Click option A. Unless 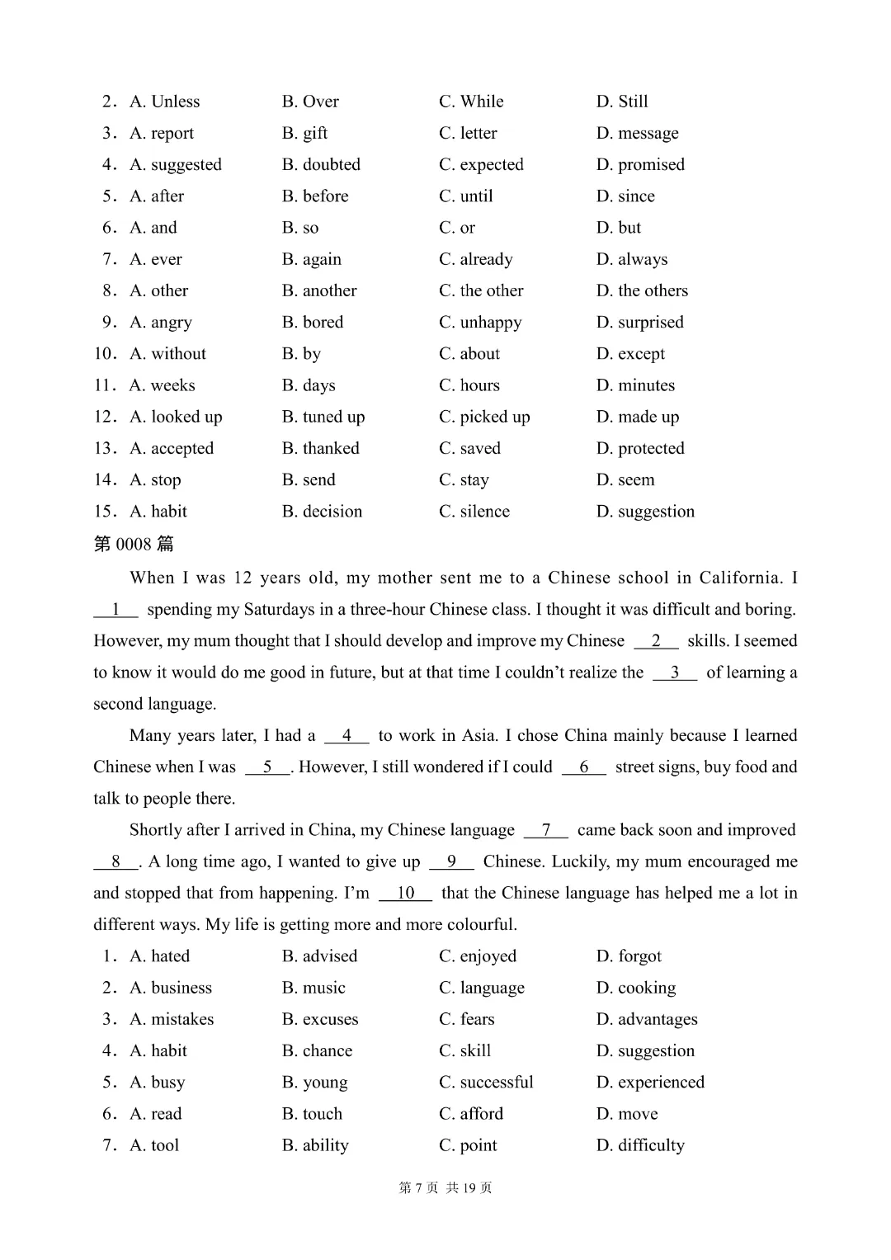click(164, 101)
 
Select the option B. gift click(304, 133)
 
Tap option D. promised click(640, 164)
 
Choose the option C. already click(475, 259)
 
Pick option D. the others click(642, 290)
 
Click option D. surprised click(639, 322)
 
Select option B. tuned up click(323, 417)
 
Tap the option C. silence click(474, 512)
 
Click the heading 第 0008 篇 click(134, 544)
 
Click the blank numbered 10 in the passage click(405, 893)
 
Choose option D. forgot click(629, 956)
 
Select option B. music click(313, 988)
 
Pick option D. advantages click(647, 1019)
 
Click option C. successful click(486, 1082)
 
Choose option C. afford click(471, 1114)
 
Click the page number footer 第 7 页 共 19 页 click(445, 1187)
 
